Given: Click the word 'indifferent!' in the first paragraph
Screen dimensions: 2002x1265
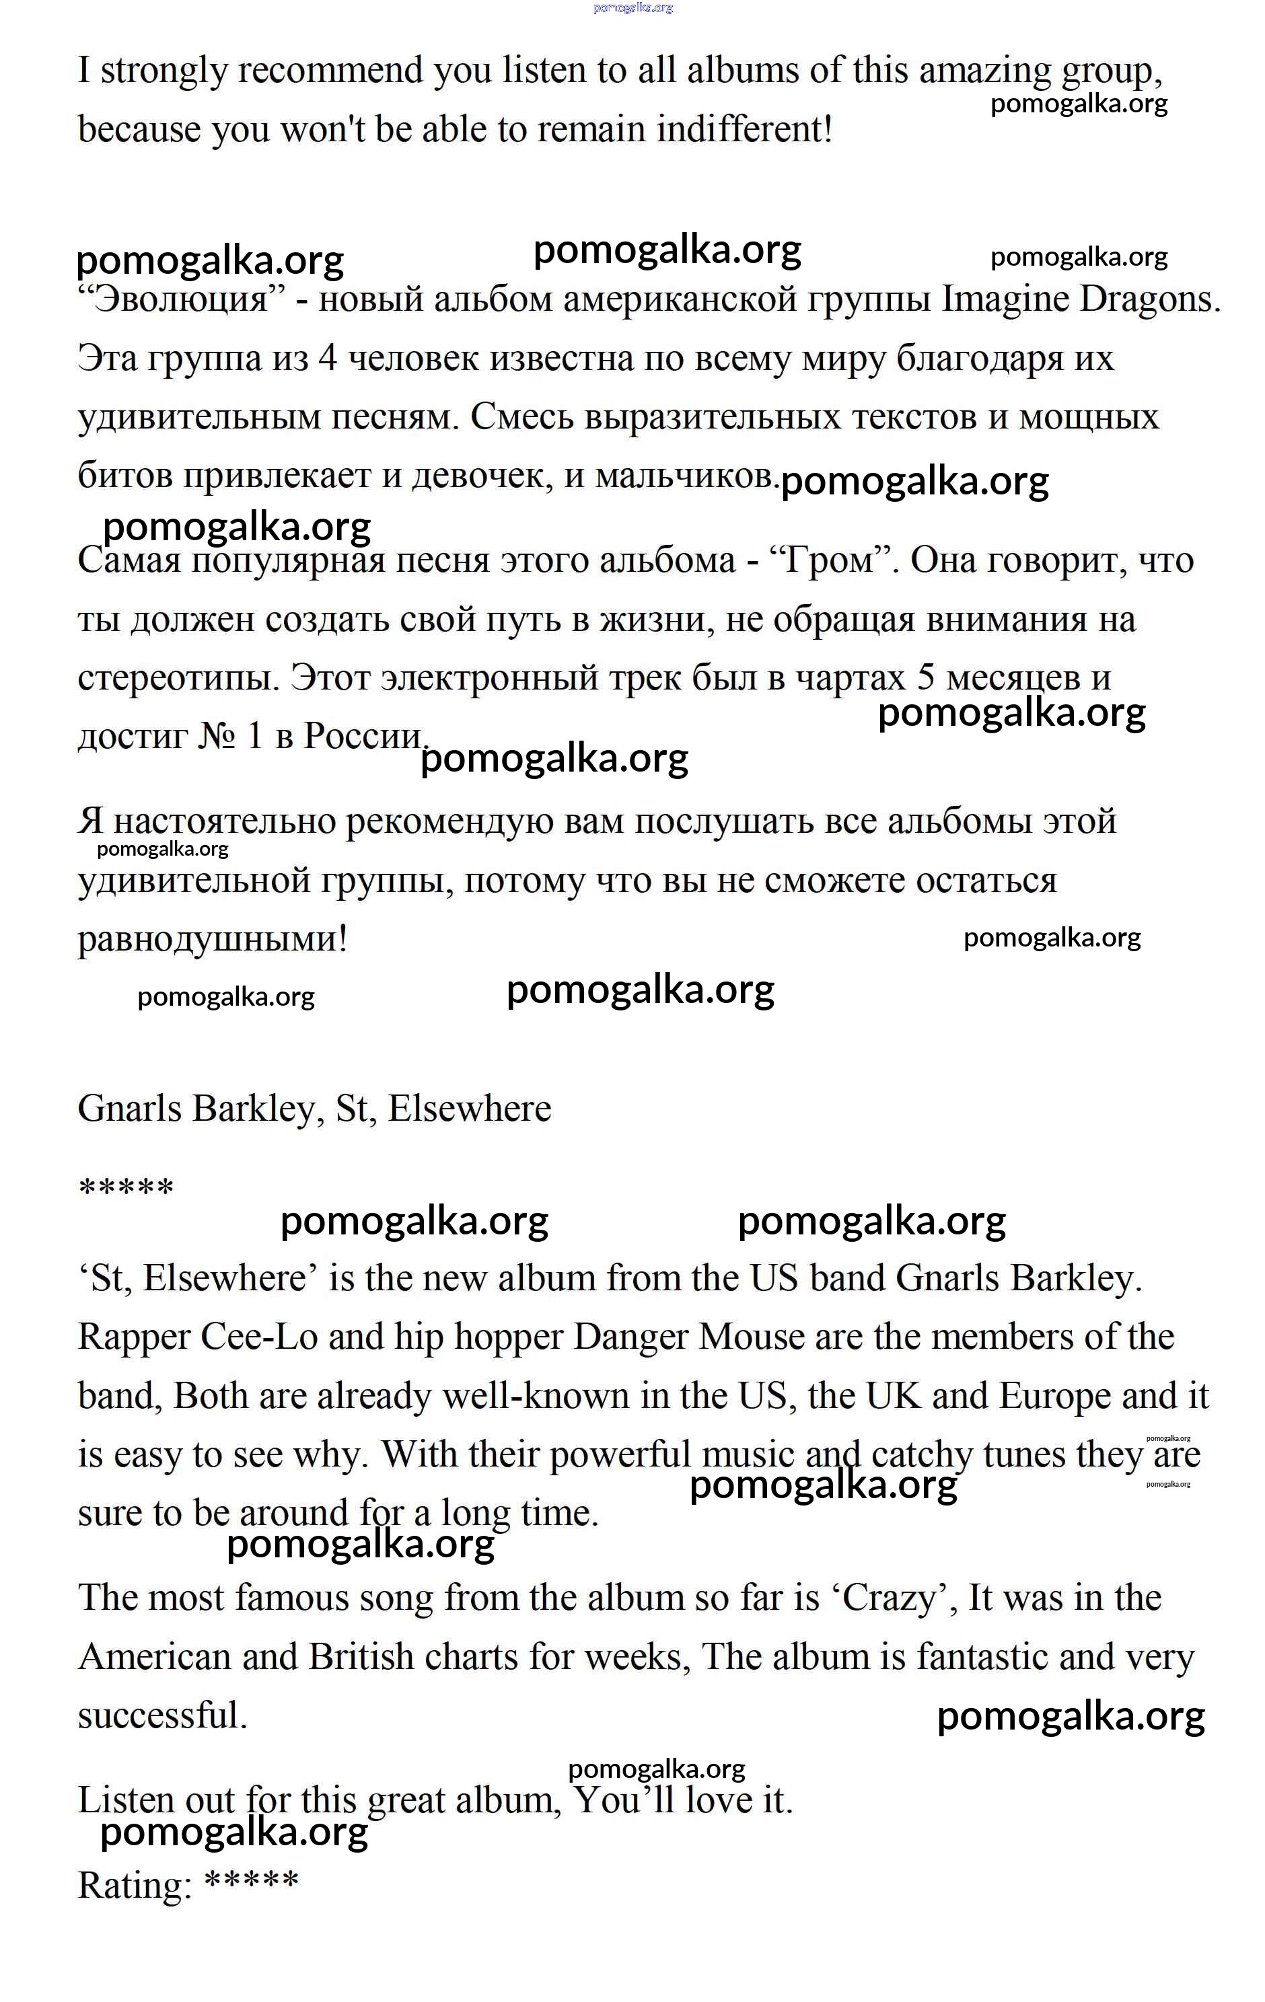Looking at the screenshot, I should (x=744, y=130).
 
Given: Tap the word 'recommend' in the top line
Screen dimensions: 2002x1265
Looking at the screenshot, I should (x=332, y=71).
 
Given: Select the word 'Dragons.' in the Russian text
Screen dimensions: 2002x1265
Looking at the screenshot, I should (x=1149, y=299).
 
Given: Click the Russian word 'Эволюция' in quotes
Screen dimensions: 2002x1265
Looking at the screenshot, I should (x=182, y=299).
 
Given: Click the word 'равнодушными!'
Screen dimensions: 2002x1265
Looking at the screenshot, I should (x=212, y=940).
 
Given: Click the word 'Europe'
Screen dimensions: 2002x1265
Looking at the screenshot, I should (x=1054, y=1396).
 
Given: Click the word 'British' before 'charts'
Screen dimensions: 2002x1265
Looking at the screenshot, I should (x=361, y=1657).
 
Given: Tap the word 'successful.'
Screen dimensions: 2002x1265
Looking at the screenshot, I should (x=163, y=1716).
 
